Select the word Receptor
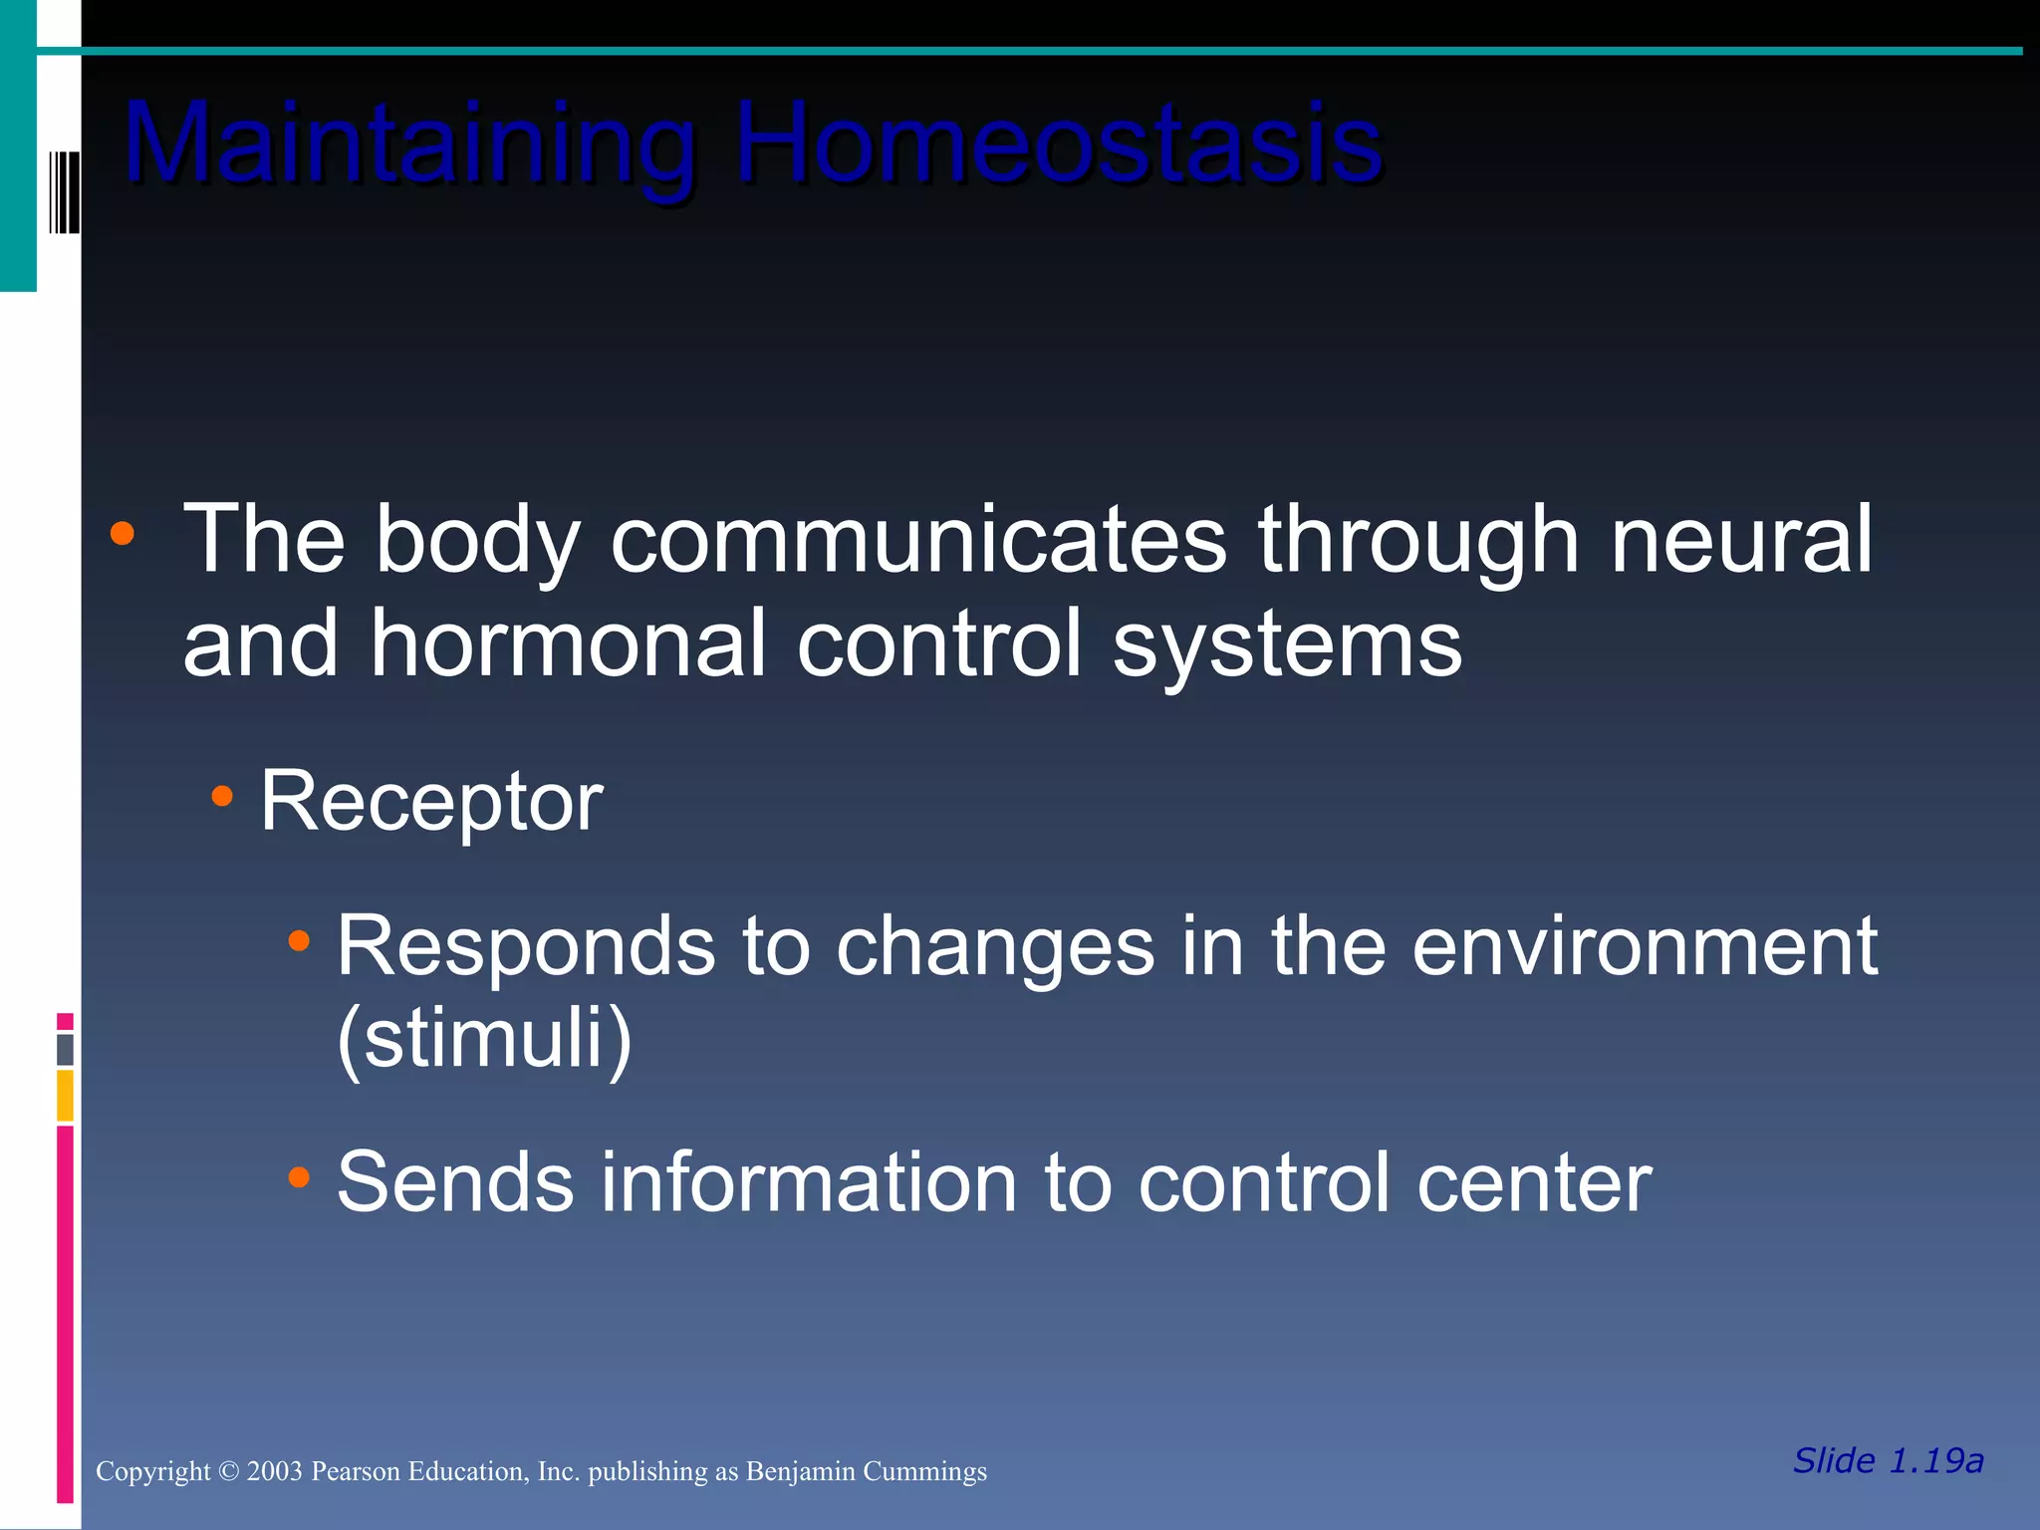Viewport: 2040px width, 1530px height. [431, 802]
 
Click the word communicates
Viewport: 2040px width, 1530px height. [917, 540]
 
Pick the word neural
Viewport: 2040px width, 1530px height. [1741, 540]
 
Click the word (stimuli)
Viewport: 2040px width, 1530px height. [484, 1039]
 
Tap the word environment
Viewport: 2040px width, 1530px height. [1645, 946]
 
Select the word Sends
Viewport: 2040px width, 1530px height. [455, 1182]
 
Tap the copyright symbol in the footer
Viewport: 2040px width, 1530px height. [229, 1472]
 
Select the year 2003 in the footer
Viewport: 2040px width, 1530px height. [274, 1472]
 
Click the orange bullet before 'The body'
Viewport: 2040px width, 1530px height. [123, 534]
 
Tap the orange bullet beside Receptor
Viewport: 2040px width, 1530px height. [222, 796]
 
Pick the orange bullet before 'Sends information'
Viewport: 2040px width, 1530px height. [299, 1177]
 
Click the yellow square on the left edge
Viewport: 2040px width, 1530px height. [65, 1095]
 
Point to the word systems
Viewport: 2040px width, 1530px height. [1287, 644]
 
